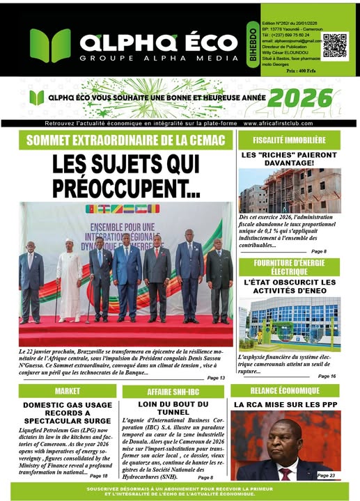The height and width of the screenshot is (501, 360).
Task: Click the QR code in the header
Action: pos(335,46)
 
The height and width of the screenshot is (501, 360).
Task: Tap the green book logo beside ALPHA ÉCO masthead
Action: pos(49,46)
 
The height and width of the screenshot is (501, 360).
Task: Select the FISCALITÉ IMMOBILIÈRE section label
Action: pos(289,139)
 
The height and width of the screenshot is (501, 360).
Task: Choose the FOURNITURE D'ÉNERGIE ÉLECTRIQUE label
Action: pos(289,267)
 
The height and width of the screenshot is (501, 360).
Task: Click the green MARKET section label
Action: pos(67,391)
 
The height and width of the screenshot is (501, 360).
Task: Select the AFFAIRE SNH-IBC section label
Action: pos(173,392)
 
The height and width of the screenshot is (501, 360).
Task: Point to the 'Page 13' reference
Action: pos(216,376)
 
